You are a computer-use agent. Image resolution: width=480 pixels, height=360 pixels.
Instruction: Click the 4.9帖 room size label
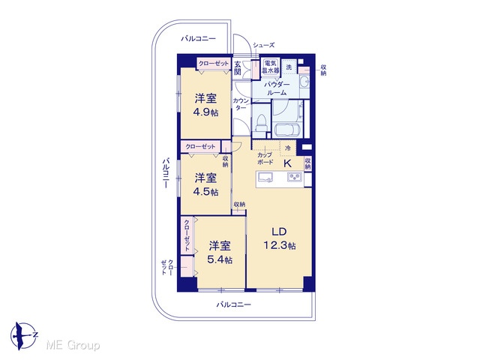tap(205, 112)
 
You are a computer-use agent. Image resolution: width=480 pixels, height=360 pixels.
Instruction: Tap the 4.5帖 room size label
tap(205, 192)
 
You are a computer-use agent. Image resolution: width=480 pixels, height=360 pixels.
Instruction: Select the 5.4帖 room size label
tap(220, 259)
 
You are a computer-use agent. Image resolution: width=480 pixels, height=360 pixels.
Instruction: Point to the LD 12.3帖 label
tap(279, 238)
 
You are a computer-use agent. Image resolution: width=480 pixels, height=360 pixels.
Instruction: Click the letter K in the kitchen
tap(287, 163)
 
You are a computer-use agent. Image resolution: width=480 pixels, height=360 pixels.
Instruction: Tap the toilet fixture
tap(261, 123)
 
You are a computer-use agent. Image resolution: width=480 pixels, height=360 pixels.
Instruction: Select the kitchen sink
tap(265, 177)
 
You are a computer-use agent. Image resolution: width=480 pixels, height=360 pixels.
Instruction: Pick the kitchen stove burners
tap(295, 177)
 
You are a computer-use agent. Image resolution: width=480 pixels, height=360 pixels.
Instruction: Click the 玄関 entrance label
tap(238, 68)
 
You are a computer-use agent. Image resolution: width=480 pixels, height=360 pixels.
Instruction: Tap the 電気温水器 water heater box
tap(271, 67)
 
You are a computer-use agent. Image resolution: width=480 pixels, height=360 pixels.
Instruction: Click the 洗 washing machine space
tap(289, 67)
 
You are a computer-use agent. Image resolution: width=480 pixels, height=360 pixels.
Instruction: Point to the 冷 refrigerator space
tap(288, 148)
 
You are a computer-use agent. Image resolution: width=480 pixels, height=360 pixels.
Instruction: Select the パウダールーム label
tap(277, 88)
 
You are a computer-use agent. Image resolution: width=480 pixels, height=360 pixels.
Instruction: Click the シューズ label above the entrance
tap(263, 45)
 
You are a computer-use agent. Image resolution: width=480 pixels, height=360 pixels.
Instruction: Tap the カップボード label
tap(265, 158)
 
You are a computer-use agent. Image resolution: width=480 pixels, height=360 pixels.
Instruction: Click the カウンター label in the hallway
tap(241, 104)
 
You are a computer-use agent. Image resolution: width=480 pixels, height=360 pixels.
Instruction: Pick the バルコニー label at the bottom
tap(234, 304)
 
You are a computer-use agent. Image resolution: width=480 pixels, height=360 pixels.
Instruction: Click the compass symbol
tap(24, 336)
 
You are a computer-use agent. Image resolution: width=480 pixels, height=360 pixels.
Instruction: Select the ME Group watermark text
tap(73, 345)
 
